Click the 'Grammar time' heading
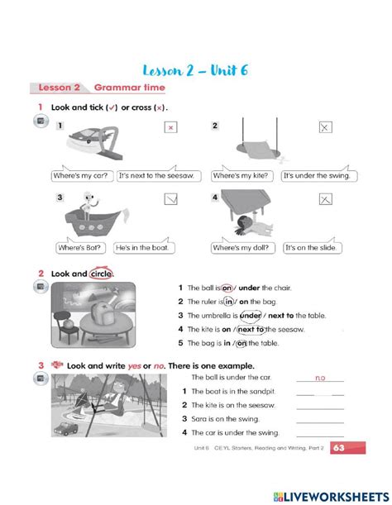tap(129, 88)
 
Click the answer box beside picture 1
tap(170, 128)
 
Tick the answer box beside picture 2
tap(325, 127)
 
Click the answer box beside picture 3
tap(170, 199)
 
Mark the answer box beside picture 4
tap(325, 199)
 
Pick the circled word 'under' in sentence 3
tap(251, 316)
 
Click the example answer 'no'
tap(319, 377)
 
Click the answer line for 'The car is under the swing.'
tap(319, 435)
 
